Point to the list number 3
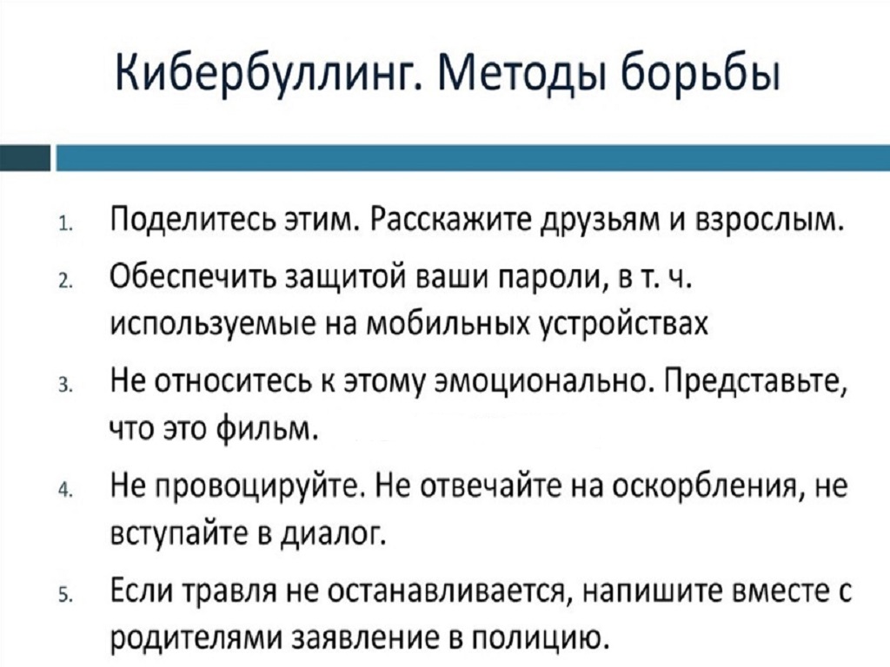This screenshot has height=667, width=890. (x=64, y=386)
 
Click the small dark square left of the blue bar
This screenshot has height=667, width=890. (x=25, y=158)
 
